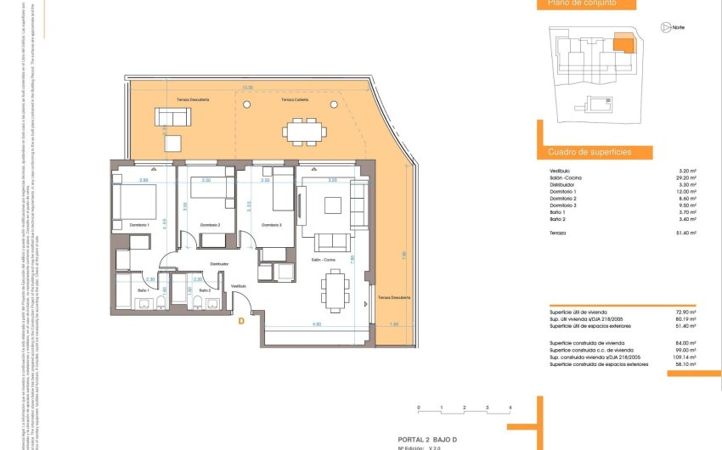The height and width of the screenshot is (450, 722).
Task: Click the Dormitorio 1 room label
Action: coord(137,225)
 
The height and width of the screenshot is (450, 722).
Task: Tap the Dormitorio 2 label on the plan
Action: coord(210,225)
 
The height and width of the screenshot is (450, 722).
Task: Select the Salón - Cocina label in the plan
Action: coord(322,260)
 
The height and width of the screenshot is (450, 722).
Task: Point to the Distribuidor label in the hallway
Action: coord(219,264)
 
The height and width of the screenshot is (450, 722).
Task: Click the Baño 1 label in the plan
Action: coord(143,291)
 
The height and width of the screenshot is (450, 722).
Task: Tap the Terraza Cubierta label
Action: coord(296,99)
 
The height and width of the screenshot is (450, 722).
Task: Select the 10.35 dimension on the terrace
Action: coord(247,87)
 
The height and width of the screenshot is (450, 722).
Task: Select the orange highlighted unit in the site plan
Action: coord(623,42)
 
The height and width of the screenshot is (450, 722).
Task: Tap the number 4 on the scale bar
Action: coord(510,408)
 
